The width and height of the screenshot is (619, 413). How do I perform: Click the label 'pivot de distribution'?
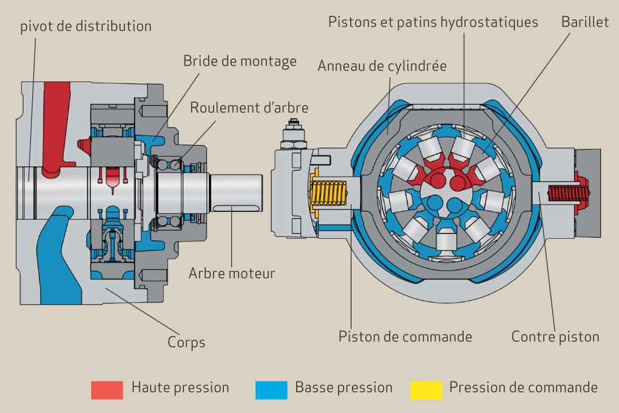[x=86, y=27]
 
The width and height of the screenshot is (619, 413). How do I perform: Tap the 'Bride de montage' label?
[x=240, y=61]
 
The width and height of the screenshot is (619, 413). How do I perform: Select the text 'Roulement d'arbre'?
[x=249, y=108]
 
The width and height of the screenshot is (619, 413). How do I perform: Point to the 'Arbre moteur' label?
[x=232, y=273]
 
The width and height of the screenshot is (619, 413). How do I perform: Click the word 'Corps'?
[x=186, y=343]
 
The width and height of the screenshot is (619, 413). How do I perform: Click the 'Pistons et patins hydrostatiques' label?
[x=433, y=22]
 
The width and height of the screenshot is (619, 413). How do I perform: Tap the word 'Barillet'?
[x=585, y=22]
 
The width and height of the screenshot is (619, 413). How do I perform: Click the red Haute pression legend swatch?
[x=107, y=389]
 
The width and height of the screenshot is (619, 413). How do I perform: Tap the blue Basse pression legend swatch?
[x=271, y=389]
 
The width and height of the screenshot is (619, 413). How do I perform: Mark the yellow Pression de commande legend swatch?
[x=426, y=389]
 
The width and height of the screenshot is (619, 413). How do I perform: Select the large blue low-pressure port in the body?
[x=58, y=255]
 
